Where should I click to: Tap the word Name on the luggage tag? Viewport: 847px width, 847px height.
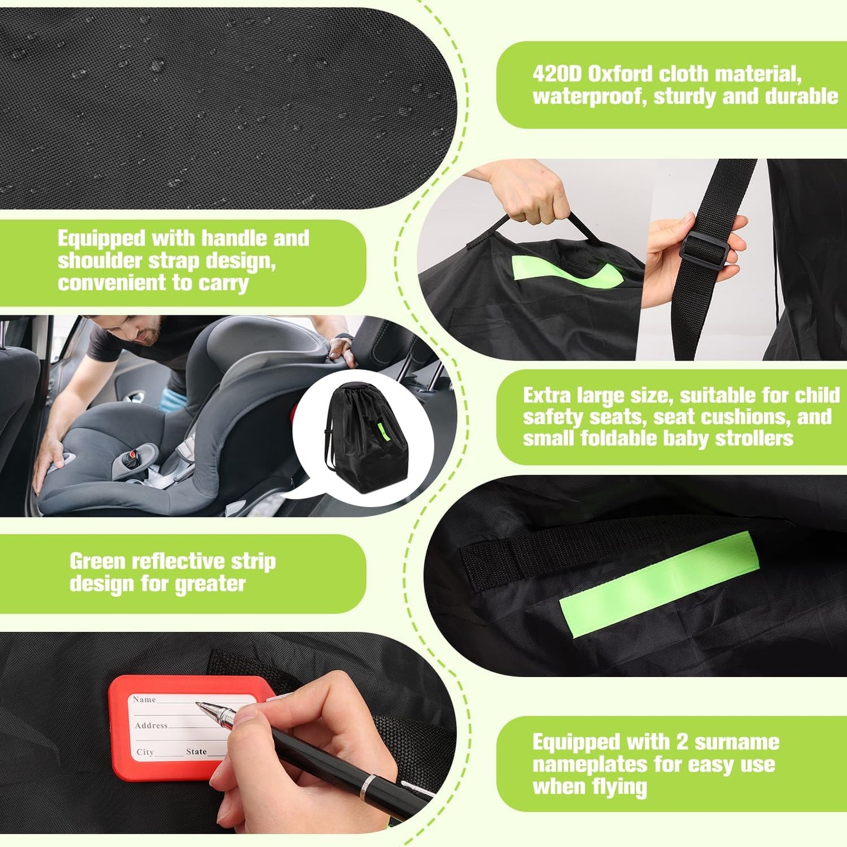[144, 699]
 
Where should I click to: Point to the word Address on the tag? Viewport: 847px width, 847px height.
[151, 726]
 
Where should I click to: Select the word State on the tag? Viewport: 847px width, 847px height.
[196, 751]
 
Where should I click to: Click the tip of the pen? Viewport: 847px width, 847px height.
[199, 705]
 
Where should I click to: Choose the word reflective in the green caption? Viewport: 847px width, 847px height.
[179, 562]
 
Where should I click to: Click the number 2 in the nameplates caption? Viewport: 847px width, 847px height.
[682, 742]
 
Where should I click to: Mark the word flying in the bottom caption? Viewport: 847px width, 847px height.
[620, 787]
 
